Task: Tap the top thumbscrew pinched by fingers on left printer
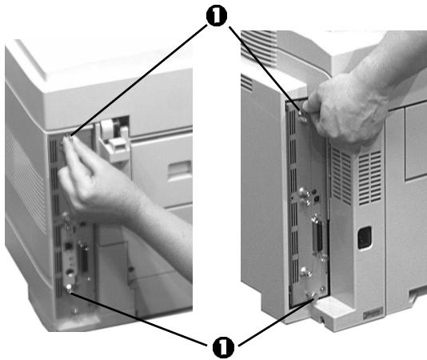coord(70,142)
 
